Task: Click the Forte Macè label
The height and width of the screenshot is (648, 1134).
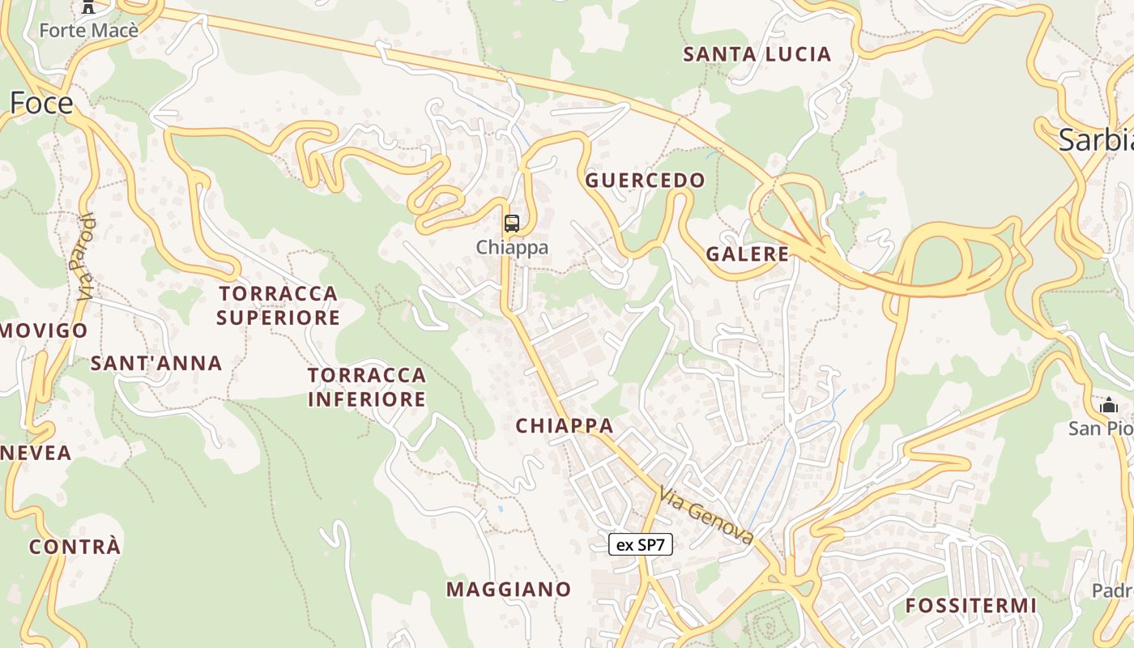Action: (x=89, y=31)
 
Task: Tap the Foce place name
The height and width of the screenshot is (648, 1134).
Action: (x=41, y=103)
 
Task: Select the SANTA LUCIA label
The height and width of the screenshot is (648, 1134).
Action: (x=757, y=54)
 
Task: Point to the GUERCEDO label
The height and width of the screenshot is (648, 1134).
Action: (x=645, y=180)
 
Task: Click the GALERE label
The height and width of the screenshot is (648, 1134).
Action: (x=747, y=254)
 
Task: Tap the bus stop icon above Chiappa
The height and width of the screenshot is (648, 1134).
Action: (x=511, y=224)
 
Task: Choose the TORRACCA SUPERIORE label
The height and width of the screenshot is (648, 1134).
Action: (x=278, y=305)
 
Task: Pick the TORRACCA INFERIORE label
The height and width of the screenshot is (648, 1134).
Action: (x=367, y=387)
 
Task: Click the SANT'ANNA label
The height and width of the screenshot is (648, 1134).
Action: (x=156, y=363)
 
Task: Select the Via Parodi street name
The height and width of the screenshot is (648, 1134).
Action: (x=86, y=257)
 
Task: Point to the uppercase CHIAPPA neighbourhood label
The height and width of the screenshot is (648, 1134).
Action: (x=565, y=425)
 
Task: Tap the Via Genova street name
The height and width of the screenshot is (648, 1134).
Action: (x=706, y=515)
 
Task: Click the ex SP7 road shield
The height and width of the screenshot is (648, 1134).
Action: (x=640, y=544)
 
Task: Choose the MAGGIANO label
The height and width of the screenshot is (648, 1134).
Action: (x=509, y=589)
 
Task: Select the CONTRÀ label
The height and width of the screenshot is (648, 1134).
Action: (x=75, y=547)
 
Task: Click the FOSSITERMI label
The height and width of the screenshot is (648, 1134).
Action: (x=970, y=605)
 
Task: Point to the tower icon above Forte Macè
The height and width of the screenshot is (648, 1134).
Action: (x=88, y=7)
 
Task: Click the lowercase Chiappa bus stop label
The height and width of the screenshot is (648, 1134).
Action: (x=512, y=247)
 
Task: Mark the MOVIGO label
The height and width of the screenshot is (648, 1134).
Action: (x=44, y=330)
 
